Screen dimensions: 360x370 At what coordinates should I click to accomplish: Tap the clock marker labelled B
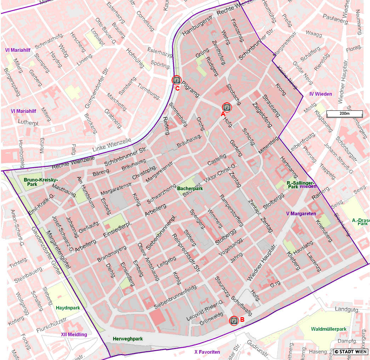234,320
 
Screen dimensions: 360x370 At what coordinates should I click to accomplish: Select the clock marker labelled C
176,80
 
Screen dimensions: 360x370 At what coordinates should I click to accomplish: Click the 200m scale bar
345,114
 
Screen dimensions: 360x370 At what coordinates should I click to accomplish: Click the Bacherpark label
190,189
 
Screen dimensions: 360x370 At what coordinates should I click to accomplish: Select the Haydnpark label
68,308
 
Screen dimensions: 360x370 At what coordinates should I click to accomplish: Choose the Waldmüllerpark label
329,329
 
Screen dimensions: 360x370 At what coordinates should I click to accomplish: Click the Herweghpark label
127,339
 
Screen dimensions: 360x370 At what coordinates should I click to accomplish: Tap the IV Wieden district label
320,94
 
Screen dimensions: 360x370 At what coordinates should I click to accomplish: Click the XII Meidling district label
74,335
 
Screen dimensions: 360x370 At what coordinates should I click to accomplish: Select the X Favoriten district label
207,352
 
